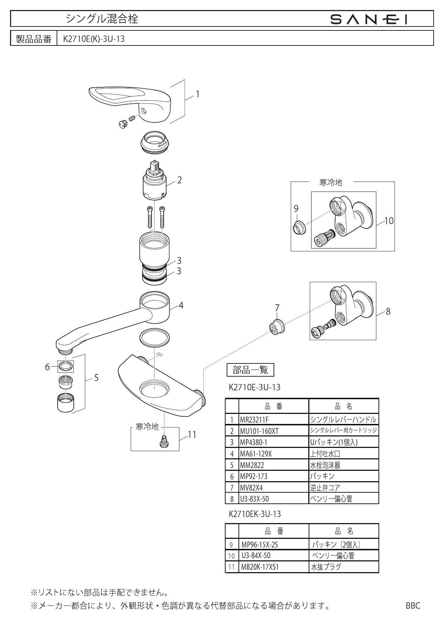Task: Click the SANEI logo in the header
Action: point(369,18)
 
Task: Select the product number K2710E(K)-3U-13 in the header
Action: point(94,39)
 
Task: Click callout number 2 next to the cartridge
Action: point(179,180)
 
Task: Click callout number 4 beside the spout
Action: point(181,305)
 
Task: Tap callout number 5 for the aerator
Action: point(96,378)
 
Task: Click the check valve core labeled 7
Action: point(277,326)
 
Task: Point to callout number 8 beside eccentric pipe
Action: point(388,311)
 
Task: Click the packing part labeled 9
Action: point(299,227)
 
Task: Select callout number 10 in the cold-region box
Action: point(388,221)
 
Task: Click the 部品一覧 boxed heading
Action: point(251,370)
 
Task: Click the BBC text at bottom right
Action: point(413,606)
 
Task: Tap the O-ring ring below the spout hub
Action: point(154,338)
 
